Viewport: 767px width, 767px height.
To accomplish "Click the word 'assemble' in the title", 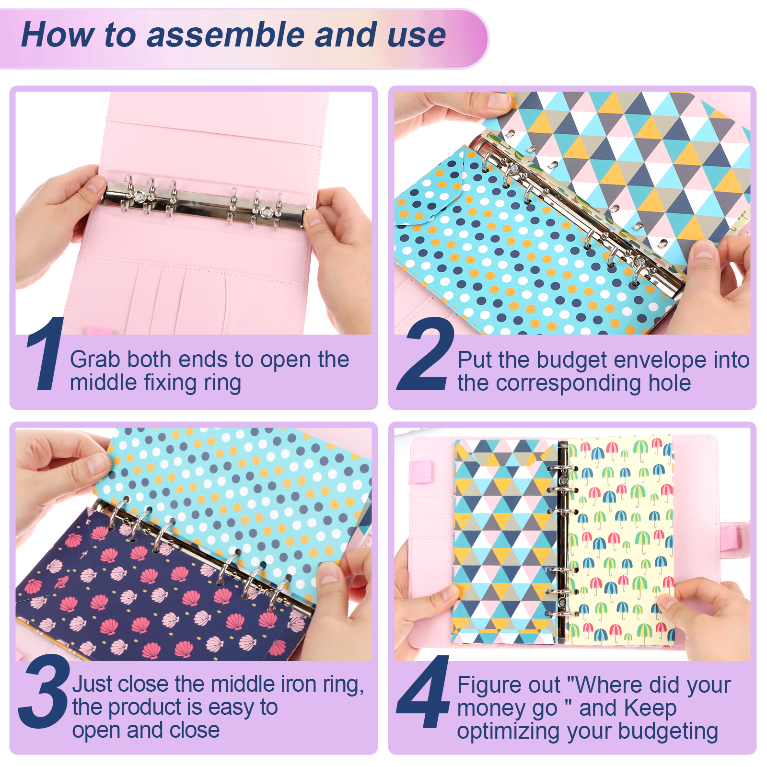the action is click(226, 35).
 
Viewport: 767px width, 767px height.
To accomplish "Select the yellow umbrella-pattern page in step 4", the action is click(621, 539).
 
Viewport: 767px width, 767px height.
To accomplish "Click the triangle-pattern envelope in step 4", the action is click(506, 542).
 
